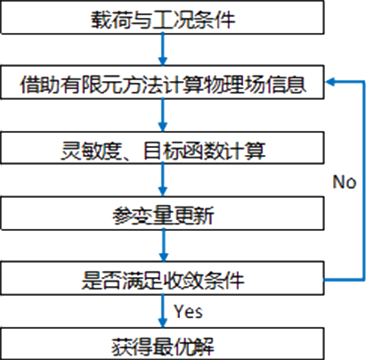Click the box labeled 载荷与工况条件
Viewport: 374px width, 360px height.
point(162,18)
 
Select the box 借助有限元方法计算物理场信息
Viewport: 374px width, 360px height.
point(162,82)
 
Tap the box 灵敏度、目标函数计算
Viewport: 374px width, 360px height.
point(162,148)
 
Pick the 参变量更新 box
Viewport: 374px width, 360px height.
point(162,213)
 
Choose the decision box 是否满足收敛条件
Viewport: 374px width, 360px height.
point(162,278)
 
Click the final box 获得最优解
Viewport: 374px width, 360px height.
point(162,344)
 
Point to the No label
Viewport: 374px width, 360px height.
point(345,182)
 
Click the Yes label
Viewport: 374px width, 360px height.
point(189,312)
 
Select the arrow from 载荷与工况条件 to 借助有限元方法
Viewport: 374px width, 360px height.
point(162,50)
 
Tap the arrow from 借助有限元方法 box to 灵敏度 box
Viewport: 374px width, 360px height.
point(162,115)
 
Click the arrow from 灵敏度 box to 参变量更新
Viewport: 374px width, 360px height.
point(162,180)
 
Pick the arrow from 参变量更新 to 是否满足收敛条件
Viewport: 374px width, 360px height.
point(163,246)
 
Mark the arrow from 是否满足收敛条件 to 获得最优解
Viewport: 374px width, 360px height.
point(162,311)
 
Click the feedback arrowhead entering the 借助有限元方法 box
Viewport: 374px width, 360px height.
point(330,82)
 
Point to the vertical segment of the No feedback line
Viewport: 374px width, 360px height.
point(363,181)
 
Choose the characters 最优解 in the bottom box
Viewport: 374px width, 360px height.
point(183,347)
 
